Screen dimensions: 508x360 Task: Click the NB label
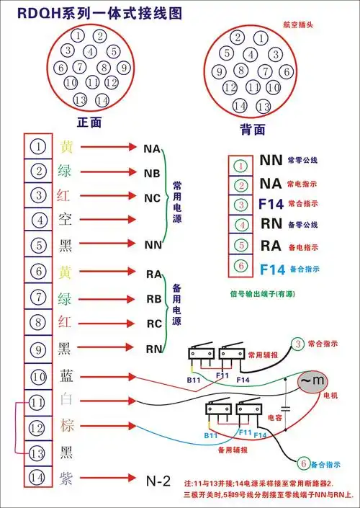pos(153,173)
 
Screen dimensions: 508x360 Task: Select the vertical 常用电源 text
pos(177,196)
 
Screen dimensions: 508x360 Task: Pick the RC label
pos(153,323)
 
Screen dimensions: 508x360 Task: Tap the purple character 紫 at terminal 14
pos(66,477)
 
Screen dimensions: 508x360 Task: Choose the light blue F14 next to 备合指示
pos(273,269)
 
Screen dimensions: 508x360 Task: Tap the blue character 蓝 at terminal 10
pos(66,375)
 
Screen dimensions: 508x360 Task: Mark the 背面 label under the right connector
pos(253,130)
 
